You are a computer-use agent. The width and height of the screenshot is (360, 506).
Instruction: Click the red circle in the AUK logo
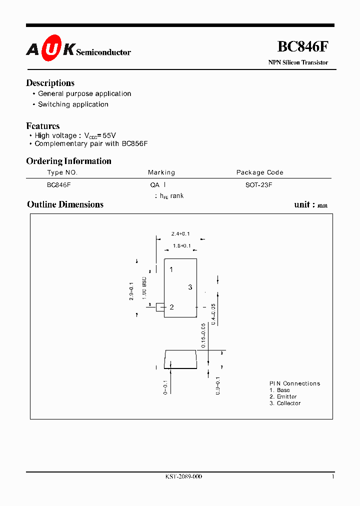pos(51,48)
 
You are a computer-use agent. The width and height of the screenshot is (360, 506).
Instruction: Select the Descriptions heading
pos(50,83)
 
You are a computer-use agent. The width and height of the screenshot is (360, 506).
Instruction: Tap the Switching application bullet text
pos(73,104)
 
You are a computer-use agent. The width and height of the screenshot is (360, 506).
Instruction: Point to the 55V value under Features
pos(109,135)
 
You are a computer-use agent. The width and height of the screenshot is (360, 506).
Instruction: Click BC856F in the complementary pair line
pos(134,143)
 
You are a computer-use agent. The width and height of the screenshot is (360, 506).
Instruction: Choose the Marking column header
pos(161,172)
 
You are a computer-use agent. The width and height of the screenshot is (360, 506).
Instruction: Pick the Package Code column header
pos(259,172)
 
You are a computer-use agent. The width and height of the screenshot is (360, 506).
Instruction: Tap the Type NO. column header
pos(62,172)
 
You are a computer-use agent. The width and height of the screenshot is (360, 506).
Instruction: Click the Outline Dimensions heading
pos(65,204)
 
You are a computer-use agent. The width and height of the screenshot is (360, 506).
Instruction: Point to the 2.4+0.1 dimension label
pos(180,234)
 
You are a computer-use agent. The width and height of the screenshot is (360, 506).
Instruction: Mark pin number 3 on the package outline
pos(190,287)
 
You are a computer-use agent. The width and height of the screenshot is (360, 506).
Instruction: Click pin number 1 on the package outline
pos(171,269)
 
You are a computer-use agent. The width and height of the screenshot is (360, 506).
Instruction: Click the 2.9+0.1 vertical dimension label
pos(131,291)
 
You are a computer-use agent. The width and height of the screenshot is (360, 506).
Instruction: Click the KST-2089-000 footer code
pos(183,476)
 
